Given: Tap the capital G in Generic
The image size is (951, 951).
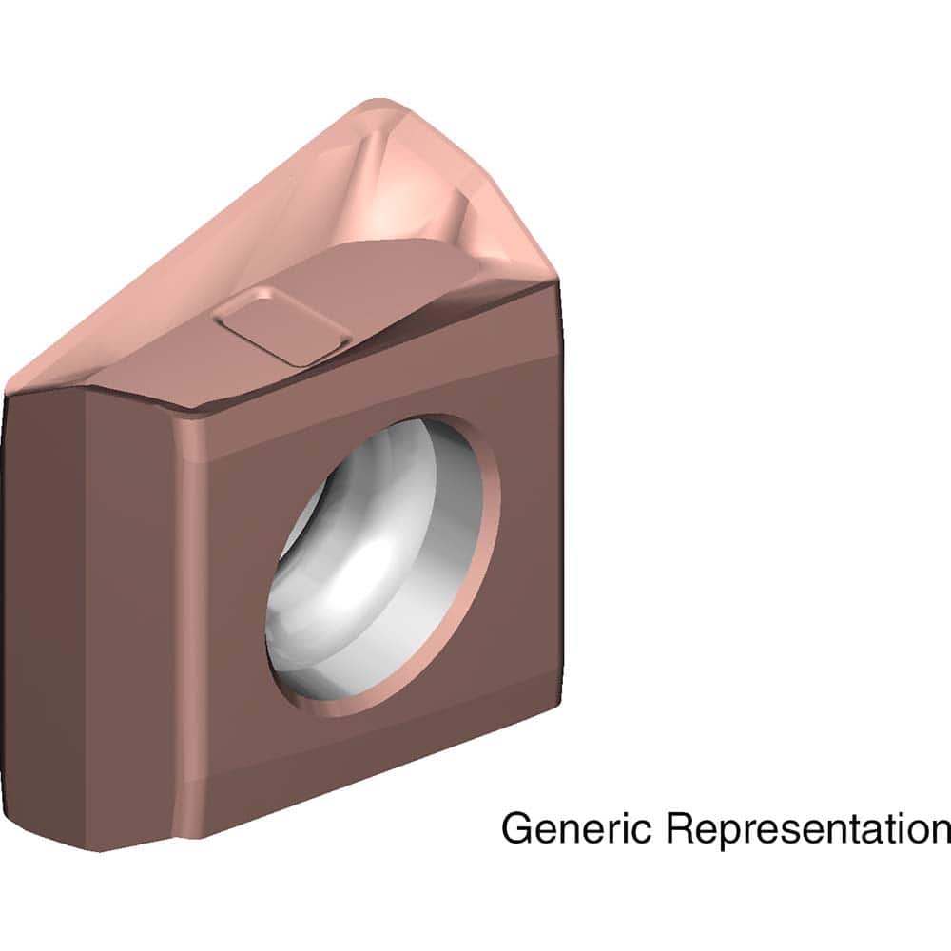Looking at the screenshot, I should pos(515,827).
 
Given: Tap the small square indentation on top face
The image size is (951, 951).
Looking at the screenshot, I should pos(281,327).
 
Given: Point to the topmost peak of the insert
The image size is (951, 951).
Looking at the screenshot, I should pos(380,103).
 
